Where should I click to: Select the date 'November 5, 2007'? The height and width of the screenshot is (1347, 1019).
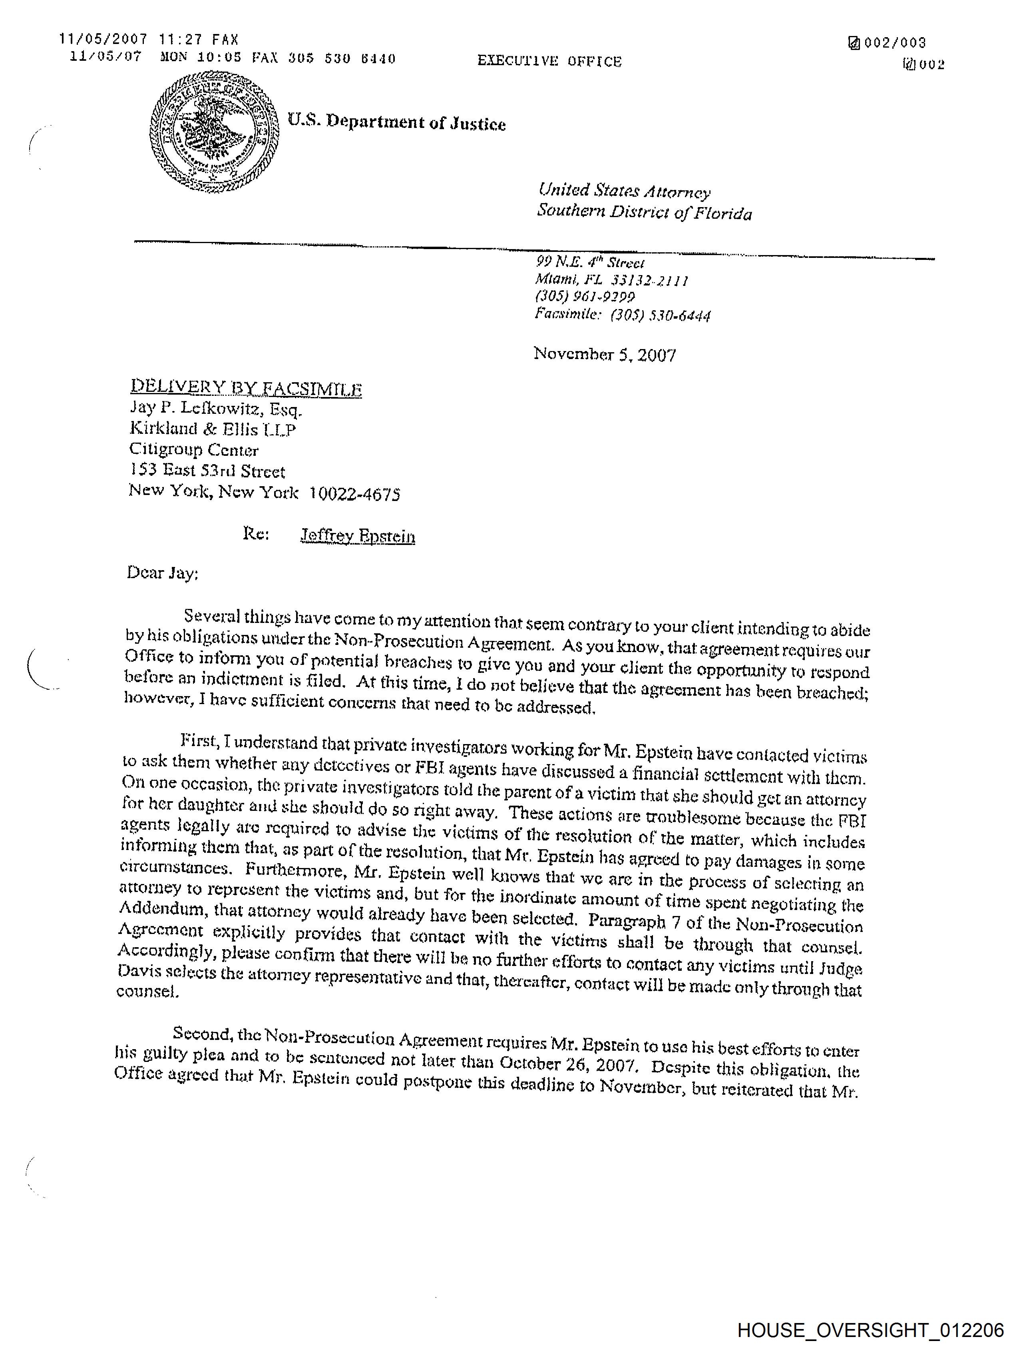point(605,354)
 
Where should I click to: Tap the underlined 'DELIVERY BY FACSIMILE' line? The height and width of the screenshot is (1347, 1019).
point(246,388)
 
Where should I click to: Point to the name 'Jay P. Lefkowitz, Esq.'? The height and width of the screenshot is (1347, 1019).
point(215,409)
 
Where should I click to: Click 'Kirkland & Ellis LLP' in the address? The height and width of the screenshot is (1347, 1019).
point(213,429)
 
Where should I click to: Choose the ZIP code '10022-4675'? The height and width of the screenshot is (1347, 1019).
point(354,493)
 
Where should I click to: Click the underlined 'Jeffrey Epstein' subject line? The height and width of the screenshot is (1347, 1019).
point(358,536)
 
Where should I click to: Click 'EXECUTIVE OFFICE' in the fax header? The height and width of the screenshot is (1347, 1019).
point(549,61)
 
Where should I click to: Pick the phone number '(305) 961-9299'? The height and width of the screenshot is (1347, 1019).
point(584,297)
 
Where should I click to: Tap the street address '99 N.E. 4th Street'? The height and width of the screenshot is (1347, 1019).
point(589,262)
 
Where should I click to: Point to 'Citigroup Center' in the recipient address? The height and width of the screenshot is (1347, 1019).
point(193,450)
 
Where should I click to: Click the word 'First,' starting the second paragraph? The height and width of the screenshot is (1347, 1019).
point(199,742)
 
